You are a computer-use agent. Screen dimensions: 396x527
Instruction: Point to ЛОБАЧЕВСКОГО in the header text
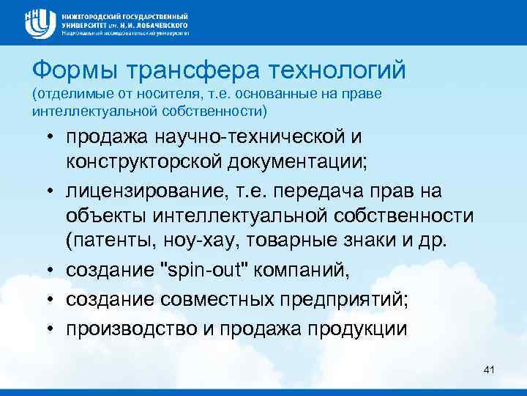158,23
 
